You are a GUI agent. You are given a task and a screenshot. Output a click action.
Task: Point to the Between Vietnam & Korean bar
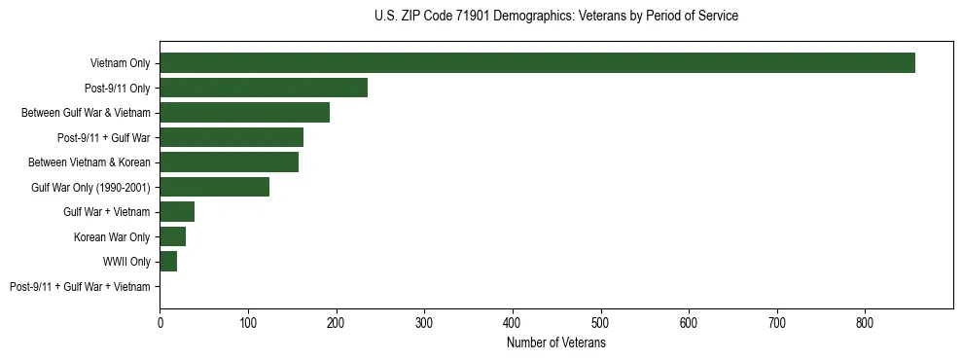pyautogui.click(x=229, y=162)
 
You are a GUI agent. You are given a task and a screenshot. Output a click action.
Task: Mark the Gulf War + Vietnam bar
pyautogui.click(x=177, y=212)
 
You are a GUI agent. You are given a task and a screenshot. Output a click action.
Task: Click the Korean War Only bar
pyautogui.click(x=172, y=236)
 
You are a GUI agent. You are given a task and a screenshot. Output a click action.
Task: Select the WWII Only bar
pyautogui.click(x=168, y=262)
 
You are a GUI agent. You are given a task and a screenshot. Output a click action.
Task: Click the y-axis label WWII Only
pyautogui.click(x=126, y=262)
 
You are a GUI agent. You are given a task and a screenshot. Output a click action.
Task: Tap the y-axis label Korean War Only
pyautogui.click(x=112, y=237)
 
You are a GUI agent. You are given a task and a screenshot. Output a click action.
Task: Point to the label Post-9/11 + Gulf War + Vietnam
pyautogui.click(x=80, y=287)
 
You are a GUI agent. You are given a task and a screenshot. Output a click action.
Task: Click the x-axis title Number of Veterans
pyautogui.click(x=555, y=343)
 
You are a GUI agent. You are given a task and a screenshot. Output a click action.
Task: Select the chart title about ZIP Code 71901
pyautogui.click(x=555, y=17)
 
